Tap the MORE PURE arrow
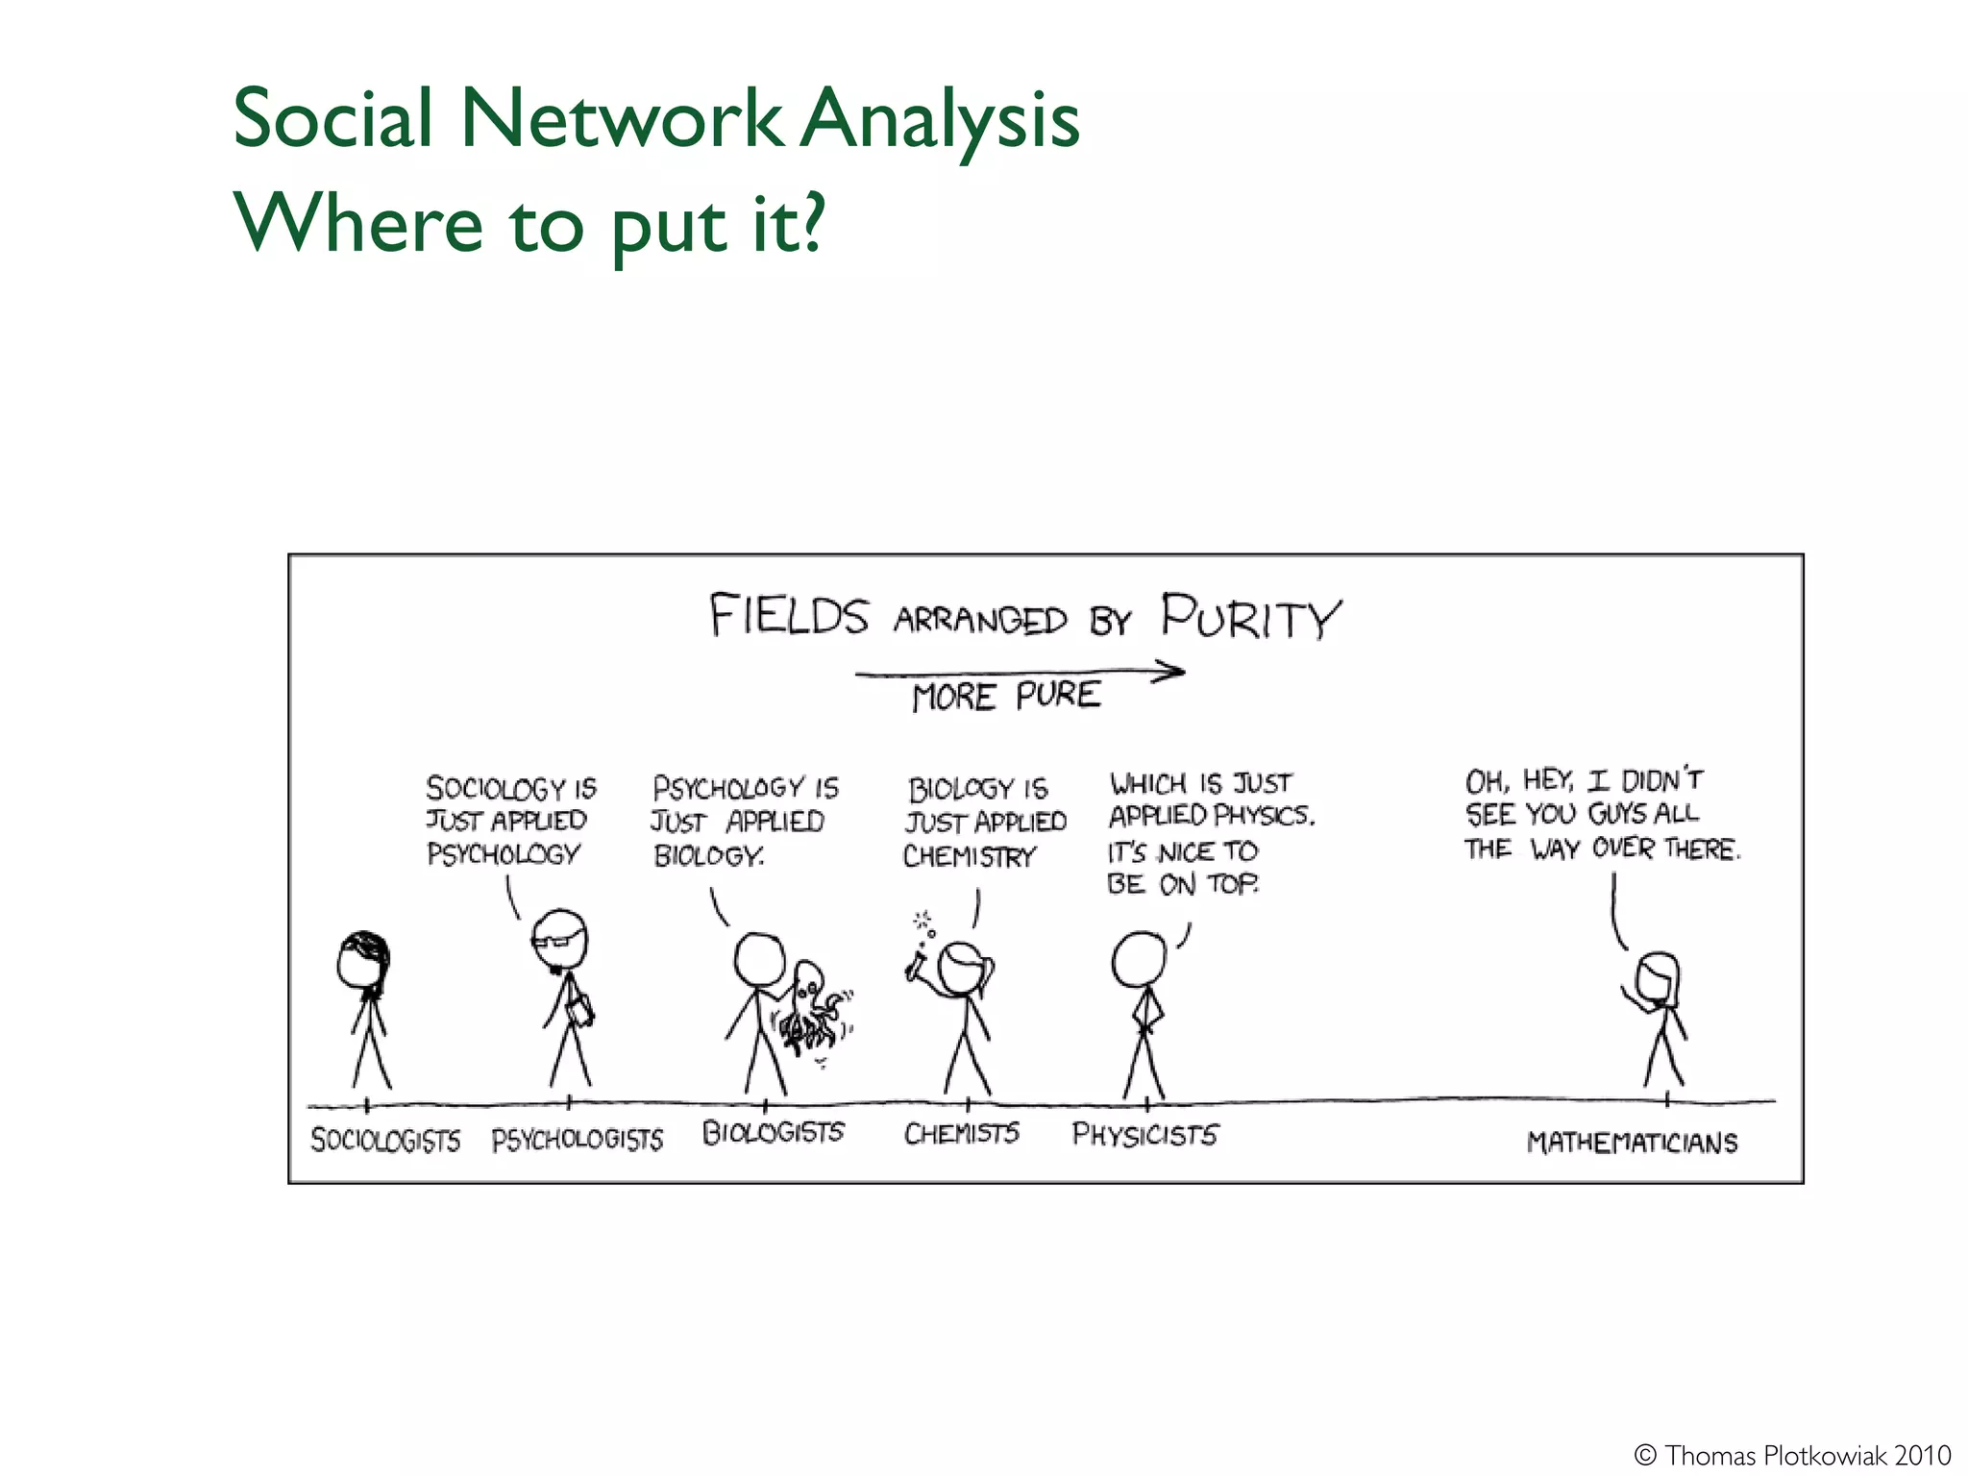point(1019,673)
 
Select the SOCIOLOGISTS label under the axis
point(385,1140)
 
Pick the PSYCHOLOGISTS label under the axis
point(578,1140)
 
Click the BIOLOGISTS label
point(773,1133)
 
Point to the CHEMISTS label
point(961,1134)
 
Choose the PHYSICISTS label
point(1144,1135)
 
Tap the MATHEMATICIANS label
point(1632,1143)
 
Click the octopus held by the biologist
point(809,1009)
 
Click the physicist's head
point(1139,959)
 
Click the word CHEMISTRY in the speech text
point(970,856)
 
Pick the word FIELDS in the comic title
point(789,615)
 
